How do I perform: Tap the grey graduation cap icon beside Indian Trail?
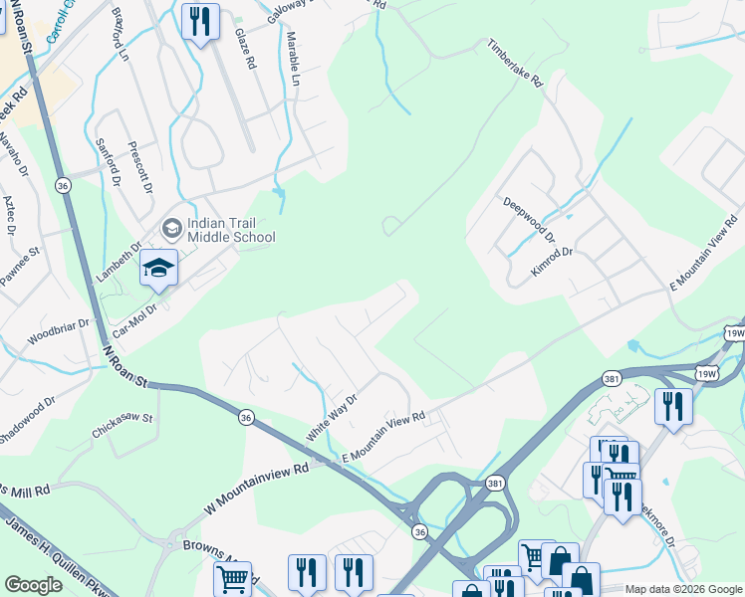pos(171,230)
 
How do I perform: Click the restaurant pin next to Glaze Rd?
pos(200,22)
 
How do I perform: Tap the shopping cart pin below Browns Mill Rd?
pos(232,577)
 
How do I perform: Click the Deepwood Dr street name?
pos(528,219)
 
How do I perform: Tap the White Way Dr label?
pos(331,417)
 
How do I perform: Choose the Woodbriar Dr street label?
pos(58,332)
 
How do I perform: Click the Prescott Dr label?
pos(140,167)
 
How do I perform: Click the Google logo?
pos(33,585)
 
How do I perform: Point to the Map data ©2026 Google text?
pos(682,589)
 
